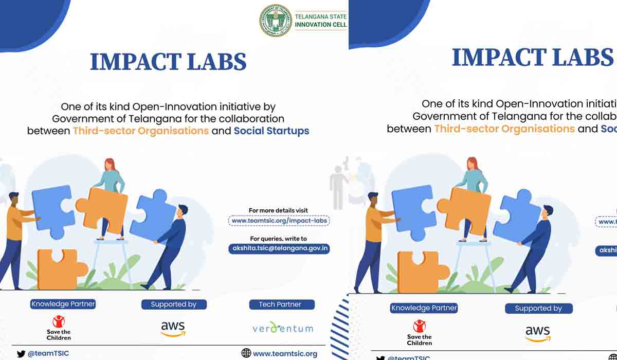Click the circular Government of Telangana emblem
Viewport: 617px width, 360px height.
pyautogui.click(x=276, y=21)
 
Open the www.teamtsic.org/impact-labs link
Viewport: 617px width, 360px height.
pyautogui.click(x=279, y=221)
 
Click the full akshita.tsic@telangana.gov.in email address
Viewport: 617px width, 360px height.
pyautogui.click(x=279, y=248)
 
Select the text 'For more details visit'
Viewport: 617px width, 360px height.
pyautogui.click(x=279, y=210)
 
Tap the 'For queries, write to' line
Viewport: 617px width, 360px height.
pyautogui.click(x=278, y=239)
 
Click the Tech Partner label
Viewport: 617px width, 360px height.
pyautogui.click(x=280, y=304)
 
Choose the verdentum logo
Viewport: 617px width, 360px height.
pyautogui.click(x=282, y=328)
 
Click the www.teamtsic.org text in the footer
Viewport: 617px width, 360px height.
pyautogui.click(x=285, y=353)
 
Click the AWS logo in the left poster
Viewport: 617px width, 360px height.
pyautogui.click(x=173, y=328)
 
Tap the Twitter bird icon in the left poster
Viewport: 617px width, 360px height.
pyautogui.click(x=21, y=354)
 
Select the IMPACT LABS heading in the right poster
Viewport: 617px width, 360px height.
pyautogui.click(x=533, y=57)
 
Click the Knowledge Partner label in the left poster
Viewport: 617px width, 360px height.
pyautogui.click(x=63, y=304)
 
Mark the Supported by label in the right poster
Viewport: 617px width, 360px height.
pyautogui.click(x=538, y=309)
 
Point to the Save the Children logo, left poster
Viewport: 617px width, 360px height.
pyautogui.click(x=59, y=328)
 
